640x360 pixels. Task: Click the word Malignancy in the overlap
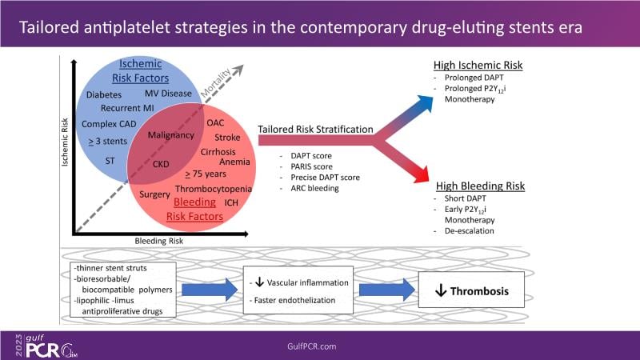click(x=171, y=135)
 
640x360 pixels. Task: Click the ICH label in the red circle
click(x=231, y=202)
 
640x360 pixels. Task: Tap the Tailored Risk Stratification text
click(x=316, y=129)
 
